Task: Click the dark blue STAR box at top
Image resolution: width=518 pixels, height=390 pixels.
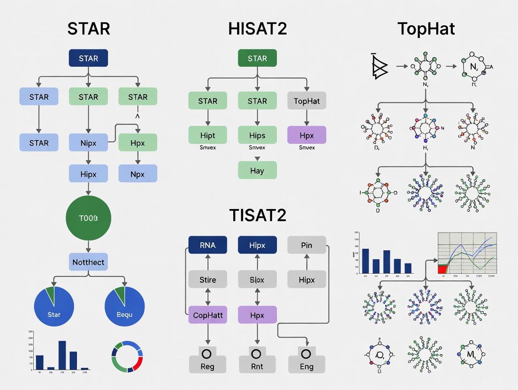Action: [88, 59]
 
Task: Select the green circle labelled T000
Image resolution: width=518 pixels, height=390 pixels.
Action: [88, 218]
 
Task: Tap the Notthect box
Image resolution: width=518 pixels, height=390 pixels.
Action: [88, 262]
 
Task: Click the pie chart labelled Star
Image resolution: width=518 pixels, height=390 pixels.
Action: [54, 306]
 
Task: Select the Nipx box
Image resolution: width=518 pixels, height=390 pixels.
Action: [88, 142]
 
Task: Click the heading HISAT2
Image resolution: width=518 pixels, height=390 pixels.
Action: [257, 29]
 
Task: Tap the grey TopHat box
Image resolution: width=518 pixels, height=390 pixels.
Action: [306, 101]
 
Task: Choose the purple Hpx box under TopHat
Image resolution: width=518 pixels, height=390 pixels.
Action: [306, 135]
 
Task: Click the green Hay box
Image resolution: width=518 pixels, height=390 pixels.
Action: [257, 171]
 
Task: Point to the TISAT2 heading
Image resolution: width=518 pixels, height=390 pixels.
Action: [258, 215]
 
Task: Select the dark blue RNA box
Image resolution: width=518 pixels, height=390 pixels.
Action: [207, 245]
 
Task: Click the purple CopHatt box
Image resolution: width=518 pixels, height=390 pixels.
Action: [207, 315]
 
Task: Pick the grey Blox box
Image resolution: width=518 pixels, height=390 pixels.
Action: [257, 280]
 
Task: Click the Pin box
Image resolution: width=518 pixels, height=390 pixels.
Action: [306, 245]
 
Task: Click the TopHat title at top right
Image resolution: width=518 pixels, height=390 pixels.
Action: [426, 29]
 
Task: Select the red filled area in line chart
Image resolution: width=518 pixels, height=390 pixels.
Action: [442, 269]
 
